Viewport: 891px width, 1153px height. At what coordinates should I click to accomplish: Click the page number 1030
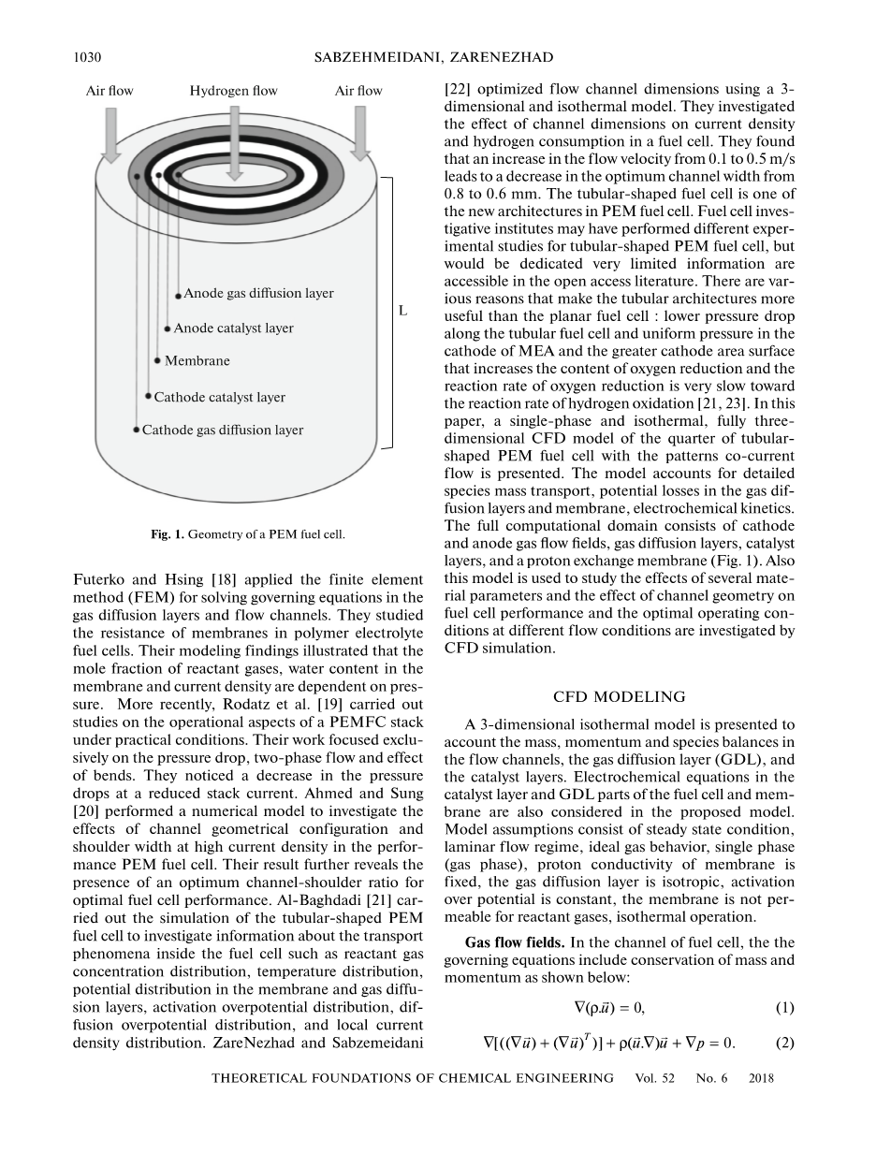pyautogui.click(x=87, y=58)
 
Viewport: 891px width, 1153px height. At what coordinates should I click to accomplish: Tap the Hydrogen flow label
pyautogui.click(x=233, y=91)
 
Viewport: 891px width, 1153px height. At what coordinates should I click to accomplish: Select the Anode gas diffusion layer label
pyautogui.click(x=258, y=294)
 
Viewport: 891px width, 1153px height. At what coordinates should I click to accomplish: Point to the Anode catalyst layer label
pyautogui.click(x=233, y=328)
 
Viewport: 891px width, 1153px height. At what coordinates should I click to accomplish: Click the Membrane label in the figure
pyautogui.click(x=197, y=360)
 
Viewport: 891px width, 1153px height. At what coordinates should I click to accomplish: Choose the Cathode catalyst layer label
pyautogui.click(x=219, y=397)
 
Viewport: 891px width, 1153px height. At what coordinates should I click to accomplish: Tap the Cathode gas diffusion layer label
pyautogui.click(x=223, y=431)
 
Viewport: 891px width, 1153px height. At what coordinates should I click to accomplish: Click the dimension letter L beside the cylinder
pyautogui.click(x=402, y=311)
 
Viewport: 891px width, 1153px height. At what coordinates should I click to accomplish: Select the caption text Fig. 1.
pyautogui.click(x=168, y=535)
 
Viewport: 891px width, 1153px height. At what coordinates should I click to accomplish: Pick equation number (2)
pyautogui.click(x=784, y=1042)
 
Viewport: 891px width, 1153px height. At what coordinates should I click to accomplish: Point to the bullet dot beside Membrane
pyautogui.click(x=156, y=360)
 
